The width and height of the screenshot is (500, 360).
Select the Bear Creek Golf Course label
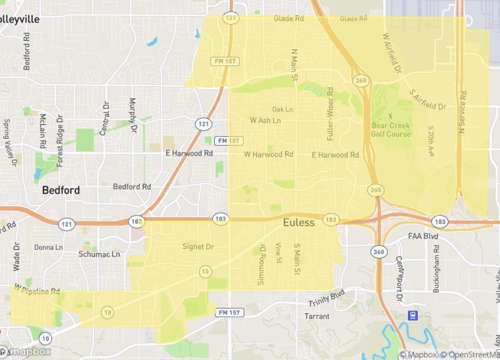[x=392, y=128]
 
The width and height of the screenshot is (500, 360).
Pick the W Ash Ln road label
[x=265, y=120]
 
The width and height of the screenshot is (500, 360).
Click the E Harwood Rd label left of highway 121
[x=187, y=153]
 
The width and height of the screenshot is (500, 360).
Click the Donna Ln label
[x=47, y=246]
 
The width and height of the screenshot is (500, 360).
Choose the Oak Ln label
[x=282, y=109]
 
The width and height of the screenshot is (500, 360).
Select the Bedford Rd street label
[x=131, y=186]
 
